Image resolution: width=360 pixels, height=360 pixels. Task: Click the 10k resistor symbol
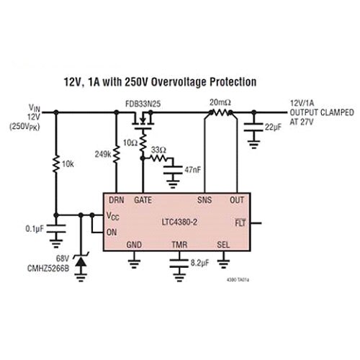[56, 163]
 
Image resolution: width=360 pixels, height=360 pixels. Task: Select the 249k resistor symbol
[117, 154]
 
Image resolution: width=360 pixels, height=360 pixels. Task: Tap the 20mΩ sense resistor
[221, 112]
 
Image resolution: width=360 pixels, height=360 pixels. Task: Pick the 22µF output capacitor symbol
[253, 127]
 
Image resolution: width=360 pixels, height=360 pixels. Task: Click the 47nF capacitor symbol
[173, 170]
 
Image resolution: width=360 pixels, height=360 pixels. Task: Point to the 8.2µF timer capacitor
[179, 264]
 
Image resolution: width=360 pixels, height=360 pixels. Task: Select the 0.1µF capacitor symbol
[56, 229]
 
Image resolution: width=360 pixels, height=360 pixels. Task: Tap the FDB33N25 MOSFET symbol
[143, 120]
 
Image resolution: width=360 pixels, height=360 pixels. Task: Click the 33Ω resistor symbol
[159, 158]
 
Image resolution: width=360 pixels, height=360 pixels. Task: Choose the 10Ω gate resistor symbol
[143, 143]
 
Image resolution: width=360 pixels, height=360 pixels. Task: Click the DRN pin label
[117, 200]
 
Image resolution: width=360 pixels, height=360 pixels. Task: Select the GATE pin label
[143, 200]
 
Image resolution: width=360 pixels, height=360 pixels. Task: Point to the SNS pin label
[204, 200]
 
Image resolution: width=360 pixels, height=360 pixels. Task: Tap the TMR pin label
[179, 245]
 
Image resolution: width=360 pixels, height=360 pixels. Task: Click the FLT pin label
[240, 223]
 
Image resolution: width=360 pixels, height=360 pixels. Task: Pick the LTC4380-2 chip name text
[179, 222]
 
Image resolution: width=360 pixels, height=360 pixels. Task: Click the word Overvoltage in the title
[179, 82]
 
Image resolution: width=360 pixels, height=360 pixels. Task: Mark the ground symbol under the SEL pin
[223, 263]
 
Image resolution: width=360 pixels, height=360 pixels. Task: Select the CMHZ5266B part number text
[48, 268]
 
